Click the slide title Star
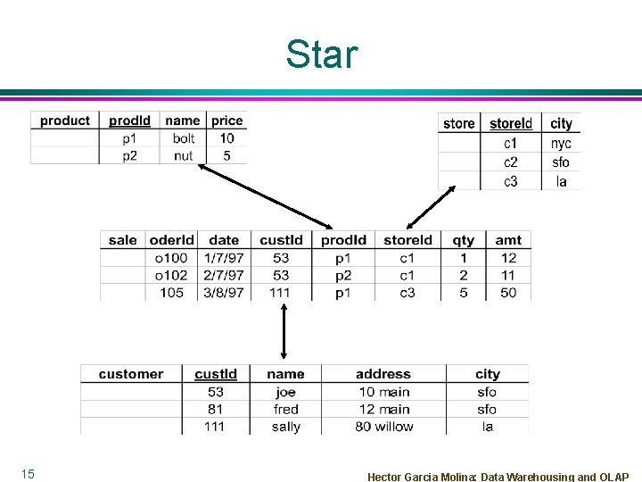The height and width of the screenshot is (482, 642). tap(321, 54)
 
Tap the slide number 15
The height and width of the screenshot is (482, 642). tap(28, 474)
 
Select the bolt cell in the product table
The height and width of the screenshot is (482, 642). tap(183, 138)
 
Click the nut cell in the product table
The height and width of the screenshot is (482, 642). tap(183, 155)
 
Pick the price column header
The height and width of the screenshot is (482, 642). tap(226, 120)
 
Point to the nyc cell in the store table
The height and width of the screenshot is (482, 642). tap(561, 143)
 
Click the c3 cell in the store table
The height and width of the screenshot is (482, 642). tap(511, 181)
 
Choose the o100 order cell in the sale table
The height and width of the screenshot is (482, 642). tap(171, 258)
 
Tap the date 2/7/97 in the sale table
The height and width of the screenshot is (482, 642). tap(223, 275)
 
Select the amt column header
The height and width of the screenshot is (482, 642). tap(508, 239)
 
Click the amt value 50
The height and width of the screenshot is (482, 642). tap(508, 293)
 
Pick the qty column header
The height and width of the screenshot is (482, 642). tap(464, 239)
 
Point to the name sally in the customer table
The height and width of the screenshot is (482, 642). tap(285, 427)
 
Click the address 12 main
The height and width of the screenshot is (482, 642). tap(383, 410)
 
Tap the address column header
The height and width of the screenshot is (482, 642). tap(383, 374)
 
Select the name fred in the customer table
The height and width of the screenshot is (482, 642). tap(285, 410)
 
